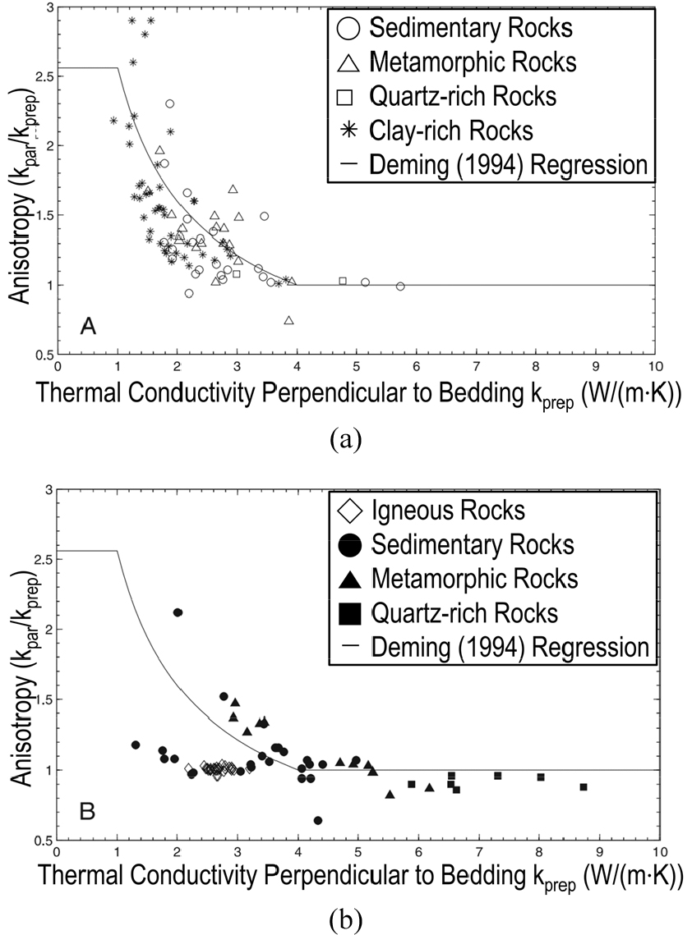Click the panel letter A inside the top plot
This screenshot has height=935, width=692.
(x=89, y=327)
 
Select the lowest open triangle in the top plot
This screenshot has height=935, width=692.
(x=288, y=320)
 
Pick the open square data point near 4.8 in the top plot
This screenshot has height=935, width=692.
(x=343, y=281)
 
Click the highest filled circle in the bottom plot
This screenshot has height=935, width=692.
(x=178, y=612)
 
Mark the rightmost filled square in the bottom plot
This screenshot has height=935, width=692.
(x=583, y=787)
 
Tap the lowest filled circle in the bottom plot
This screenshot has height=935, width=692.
(x=318, y=820)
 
